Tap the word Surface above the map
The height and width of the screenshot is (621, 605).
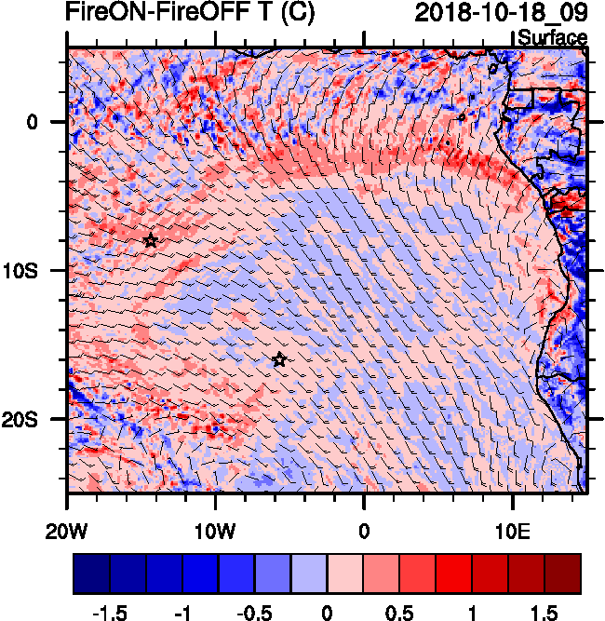click(x=552, y=38)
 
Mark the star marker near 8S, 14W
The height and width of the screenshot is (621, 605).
click(x=151, y=240)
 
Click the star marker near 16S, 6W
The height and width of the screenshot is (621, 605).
click(x=279, y=359)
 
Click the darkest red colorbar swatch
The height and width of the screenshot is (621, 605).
click(x=563, y=574)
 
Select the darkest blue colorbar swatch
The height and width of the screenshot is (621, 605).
click(x=91, y=574)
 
